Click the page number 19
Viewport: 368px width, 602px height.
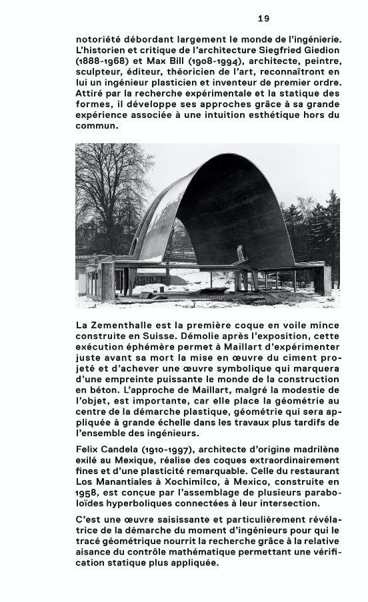click(263, 19)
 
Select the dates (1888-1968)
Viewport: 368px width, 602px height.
click(99, 61)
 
